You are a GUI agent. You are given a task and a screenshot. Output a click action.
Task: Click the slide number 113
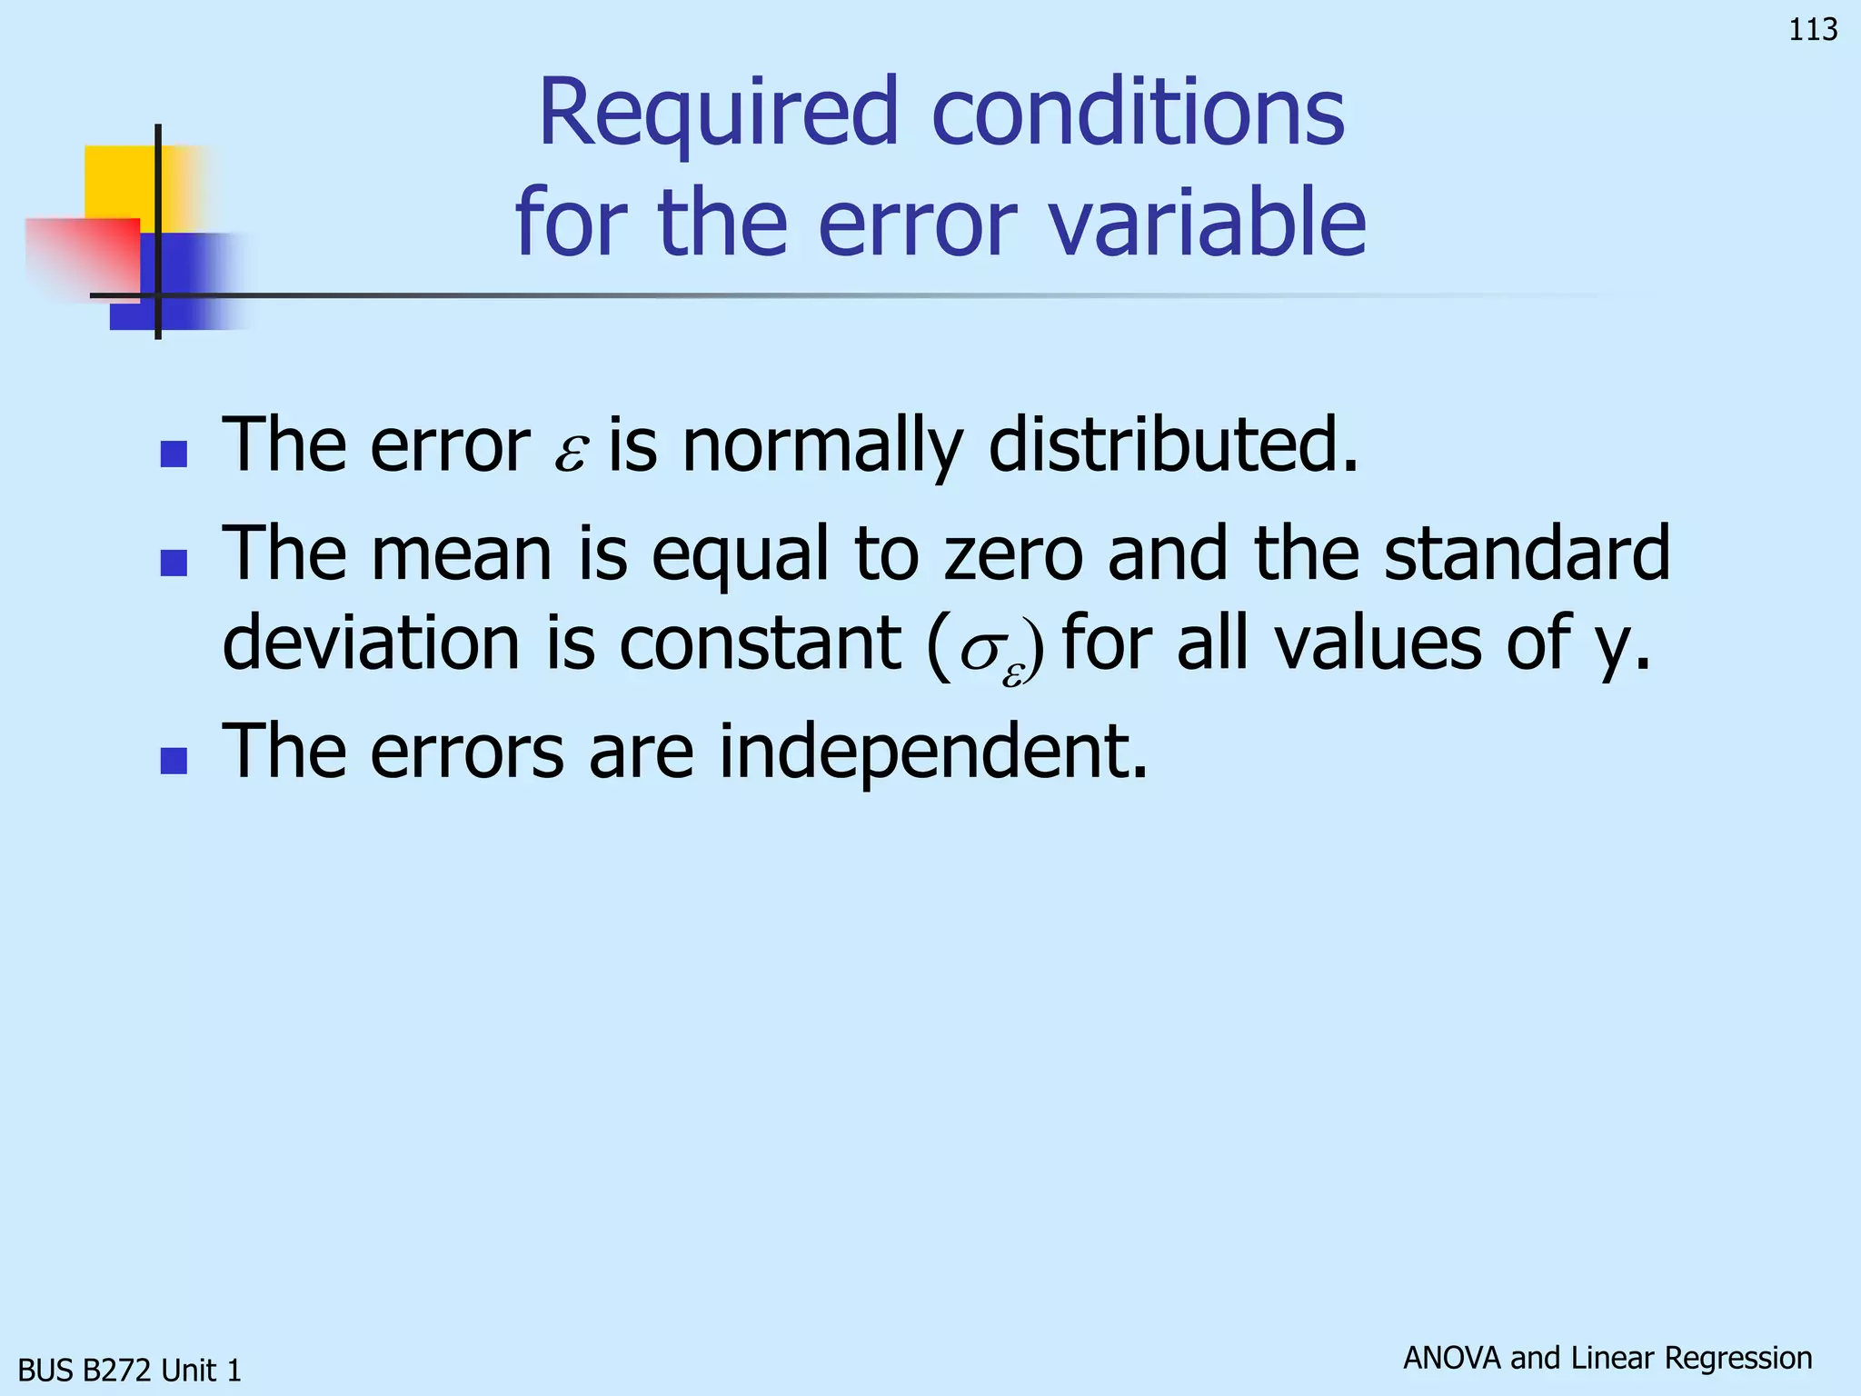point(1813,30)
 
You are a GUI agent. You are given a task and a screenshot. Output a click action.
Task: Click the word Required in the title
point(718,114)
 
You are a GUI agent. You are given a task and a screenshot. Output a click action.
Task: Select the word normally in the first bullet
point(821,445)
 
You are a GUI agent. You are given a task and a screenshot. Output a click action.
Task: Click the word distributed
point(1172,445)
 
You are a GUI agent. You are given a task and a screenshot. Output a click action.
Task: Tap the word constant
point(760,643)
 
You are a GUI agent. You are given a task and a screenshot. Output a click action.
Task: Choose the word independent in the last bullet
point(933,752)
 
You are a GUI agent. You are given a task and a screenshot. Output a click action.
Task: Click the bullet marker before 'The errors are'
point(173,761)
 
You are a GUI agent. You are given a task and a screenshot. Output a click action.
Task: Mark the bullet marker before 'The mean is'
point(173,563)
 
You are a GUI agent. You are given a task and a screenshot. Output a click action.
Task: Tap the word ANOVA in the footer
point(1451,1358)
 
